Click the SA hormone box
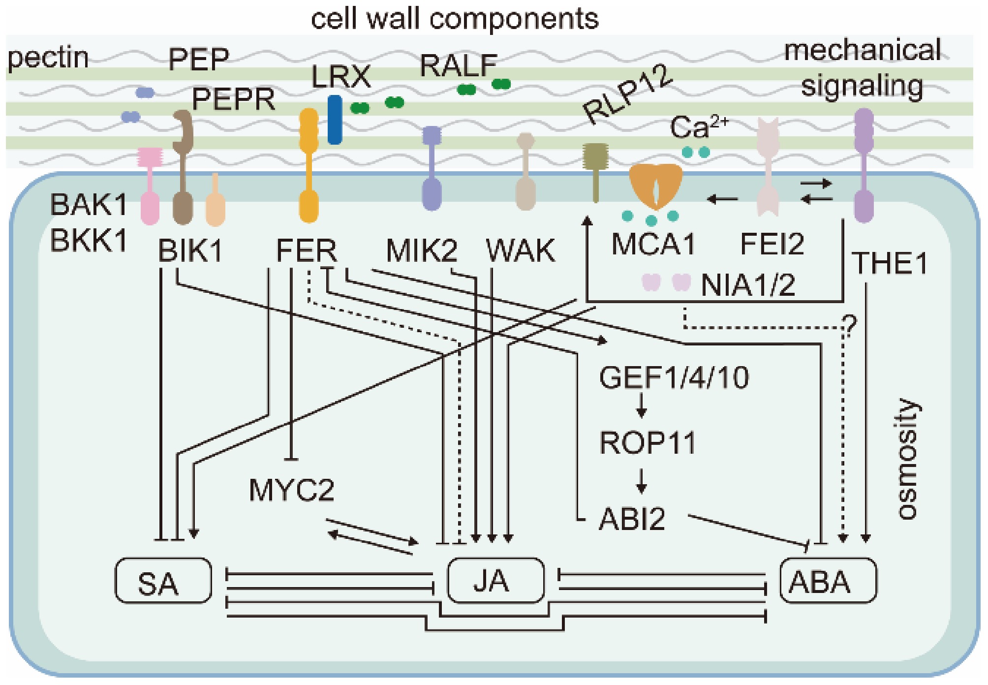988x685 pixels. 163,581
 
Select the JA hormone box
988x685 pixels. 495,581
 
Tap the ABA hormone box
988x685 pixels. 828,581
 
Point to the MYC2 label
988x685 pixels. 291,490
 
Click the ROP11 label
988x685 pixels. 648,443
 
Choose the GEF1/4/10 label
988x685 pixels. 674,378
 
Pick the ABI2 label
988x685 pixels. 632,519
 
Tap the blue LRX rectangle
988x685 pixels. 335,120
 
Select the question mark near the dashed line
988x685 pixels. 850,325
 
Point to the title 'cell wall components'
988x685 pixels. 455,19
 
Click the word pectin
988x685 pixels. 48,58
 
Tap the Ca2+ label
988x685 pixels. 698,127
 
